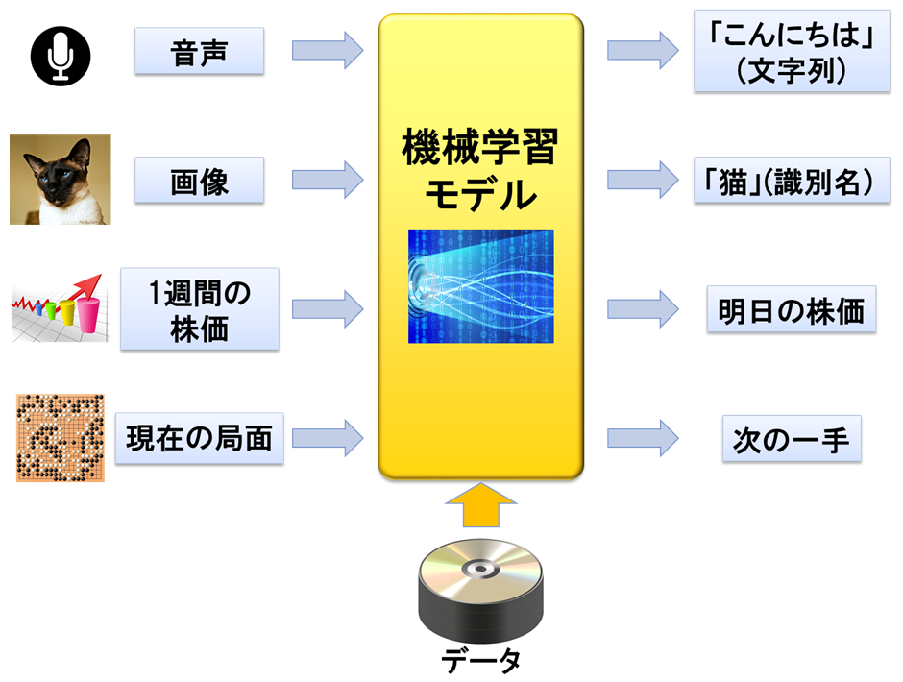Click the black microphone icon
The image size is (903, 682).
60,53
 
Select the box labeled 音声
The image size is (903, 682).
199,50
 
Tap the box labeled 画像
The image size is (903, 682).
199,180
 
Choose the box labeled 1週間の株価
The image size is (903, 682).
199,308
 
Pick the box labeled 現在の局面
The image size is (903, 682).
199,438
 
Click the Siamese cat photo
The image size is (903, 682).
60,180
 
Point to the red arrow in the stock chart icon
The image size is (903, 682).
85,286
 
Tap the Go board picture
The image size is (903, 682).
60,437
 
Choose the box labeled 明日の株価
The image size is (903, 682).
791,309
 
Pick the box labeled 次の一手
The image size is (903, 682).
791,439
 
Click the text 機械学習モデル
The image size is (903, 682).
480,171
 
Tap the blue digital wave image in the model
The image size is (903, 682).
480,286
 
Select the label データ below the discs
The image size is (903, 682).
480,661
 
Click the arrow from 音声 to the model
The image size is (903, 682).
327,50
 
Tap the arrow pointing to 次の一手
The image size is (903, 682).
642,439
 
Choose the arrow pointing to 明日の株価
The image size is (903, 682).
642,309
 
